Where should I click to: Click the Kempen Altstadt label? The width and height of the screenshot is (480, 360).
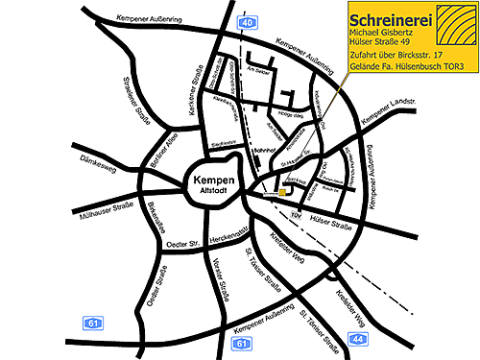[208, 185]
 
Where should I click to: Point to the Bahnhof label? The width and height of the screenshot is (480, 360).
[264, 151]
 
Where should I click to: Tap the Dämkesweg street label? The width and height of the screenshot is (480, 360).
[97, 161]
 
